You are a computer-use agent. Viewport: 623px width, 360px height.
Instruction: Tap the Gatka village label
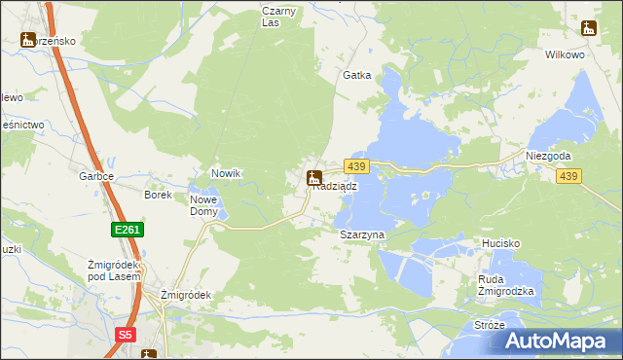(x=357, y=75)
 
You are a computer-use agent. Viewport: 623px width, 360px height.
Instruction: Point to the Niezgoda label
(x=548, y=156)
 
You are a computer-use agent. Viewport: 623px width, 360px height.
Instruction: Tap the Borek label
(x=158, y=195)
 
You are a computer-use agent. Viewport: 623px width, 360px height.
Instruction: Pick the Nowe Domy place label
(x=203, y=205)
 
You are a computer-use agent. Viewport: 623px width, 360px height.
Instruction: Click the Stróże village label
(x=489, y=324)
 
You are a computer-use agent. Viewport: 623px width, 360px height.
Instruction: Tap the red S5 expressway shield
(x=125, y=335)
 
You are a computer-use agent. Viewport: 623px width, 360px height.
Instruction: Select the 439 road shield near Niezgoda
(x=569, y=176)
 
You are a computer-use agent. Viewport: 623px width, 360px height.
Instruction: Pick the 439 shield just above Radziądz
(x=355, y=168)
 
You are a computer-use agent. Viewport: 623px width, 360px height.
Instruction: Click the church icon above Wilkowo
(x=588, y=29)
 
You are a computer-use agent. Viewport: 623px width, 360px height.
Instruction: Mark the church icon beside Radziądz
(x=313, y=178)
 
